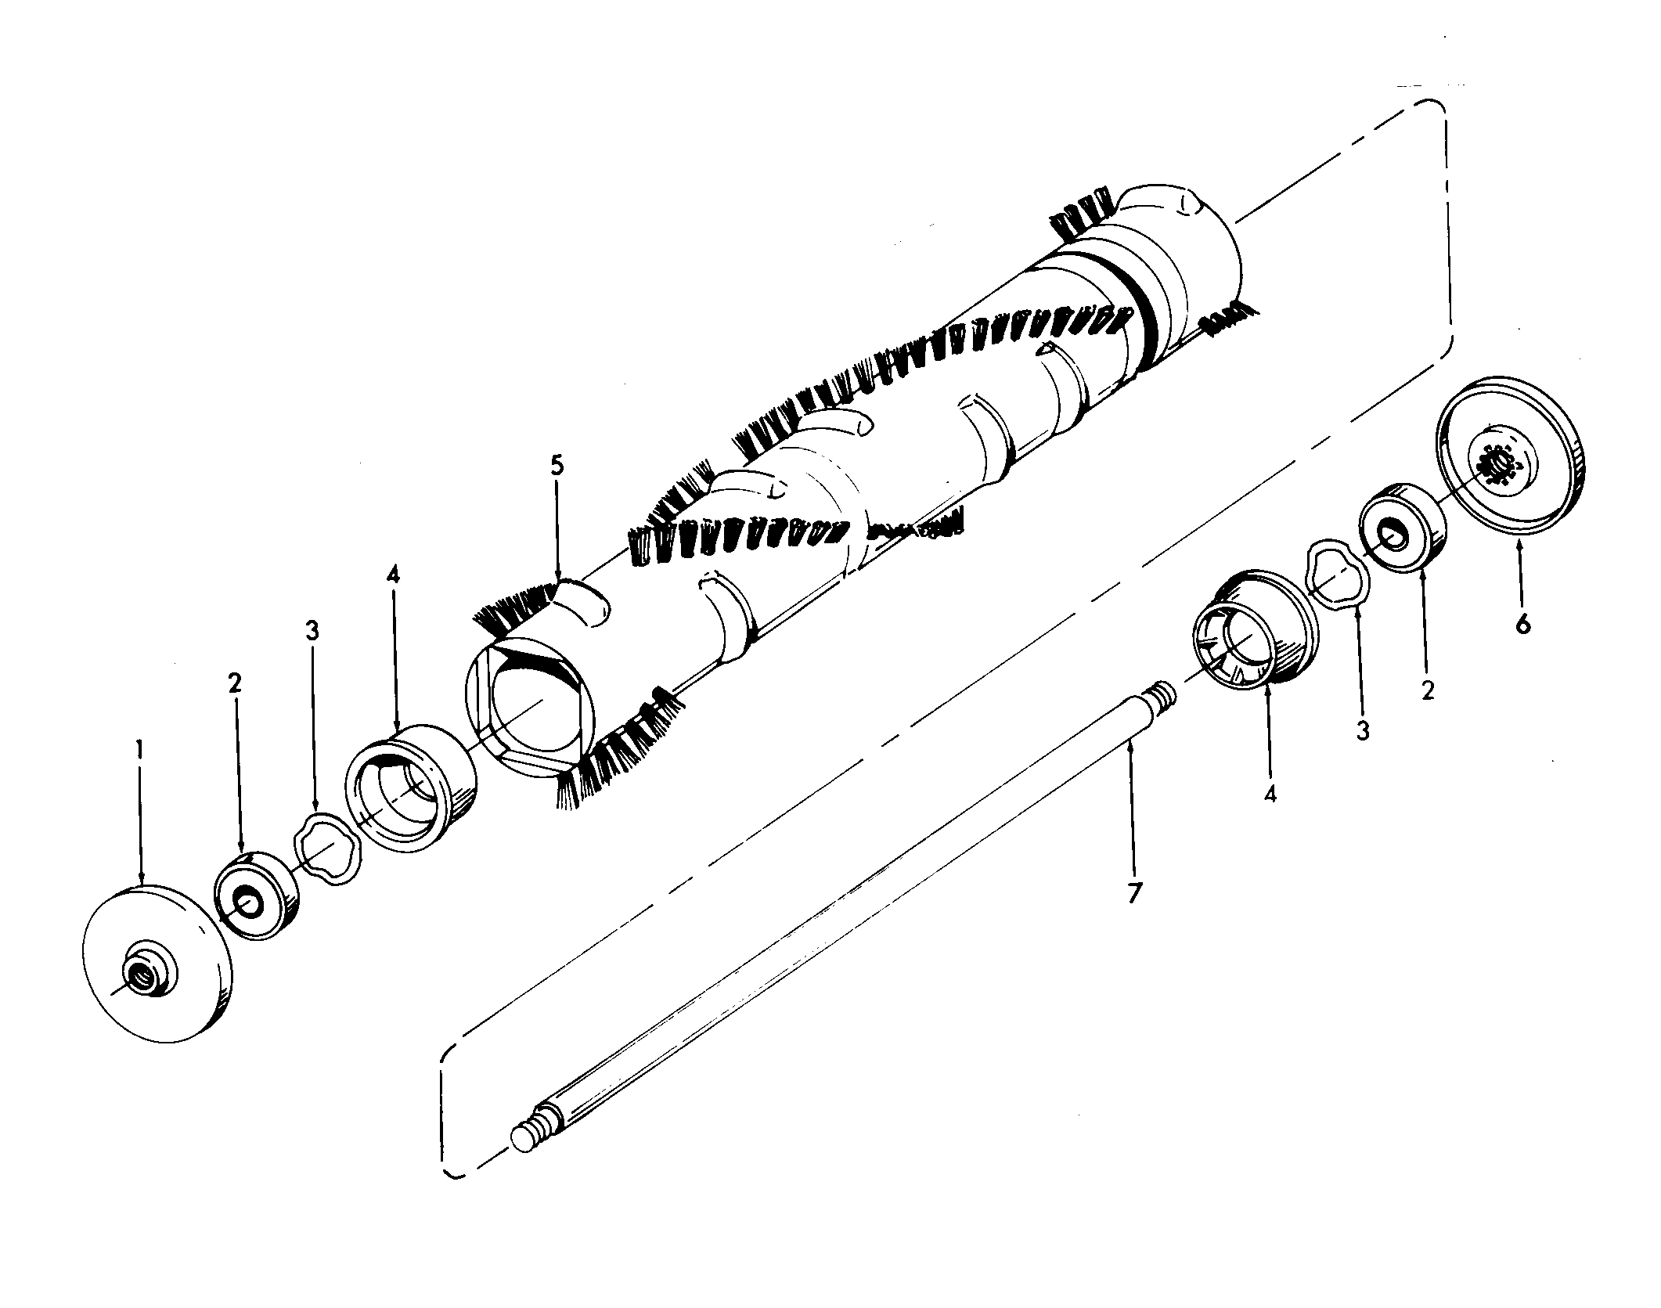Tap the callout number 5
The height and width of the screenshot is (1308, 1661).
[557, 465]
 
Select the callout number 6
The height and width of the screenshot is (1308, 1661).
[1522, 625]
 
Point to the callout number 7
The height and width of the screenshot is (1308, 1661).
[1135, 893]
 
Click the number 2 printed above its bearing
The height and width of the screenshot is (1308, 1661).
[235, 683]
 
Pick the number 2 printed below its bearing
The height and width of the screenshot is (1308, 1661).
[1428, 690]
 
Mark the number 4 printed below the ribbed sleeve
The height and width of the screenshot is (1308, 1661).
[1270, 794]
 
